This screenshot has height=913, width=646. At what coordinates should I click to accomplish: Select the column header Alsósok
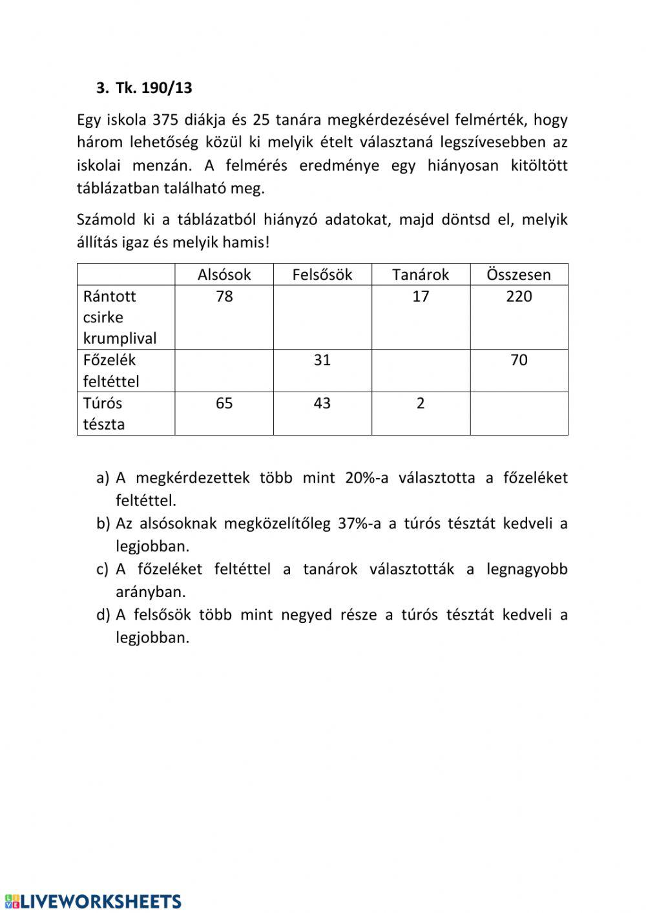click(x=224, y=275)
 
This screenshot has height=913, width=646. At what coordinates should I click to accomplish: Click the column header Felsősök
click(x=322, y=275)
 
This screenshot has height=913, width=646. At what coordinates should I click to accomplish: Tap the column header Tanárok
click(x=421, y=275)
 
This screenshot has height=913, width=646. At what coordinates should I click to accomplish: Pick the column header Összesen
click(x=519, y=275)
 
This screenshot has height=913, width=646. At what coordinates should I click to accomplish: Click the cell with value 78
click(x=224, y=297)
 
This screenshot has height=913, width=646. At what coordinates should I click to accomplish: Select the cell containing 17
click(x=421, y=297)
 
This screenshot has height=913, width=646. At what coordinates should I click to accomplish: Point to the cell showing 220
click(x=519, y=297)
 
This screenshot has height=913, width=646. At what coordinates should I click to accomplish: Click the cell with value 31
click(x=322, y=360)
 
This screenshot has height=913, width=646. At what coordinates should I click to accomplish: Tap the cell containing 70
click(x=519, y=360)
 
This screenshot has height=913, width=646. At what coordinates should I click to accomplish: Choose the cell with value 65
click(x=224, y=403)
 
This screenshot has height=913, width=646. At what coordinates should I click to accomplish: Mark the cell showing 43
click(x=322, y=403)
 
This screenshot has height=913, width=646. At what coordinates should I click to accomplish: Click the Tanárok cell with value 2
click(x=421, y=403)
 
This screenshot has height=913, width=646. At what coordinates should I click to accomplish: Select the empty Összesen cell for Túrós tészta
click(x=519, y=414)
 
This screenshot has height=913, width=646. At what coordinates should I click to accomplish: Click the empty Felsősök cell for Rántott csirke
click(x=322, y=317)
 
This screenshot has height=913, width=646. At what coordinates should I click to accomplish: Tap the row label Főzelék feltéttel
click(x=111, y=370)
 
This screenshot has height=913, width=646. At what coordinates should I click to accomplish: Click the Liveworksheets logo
click(x=94, y=901)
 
